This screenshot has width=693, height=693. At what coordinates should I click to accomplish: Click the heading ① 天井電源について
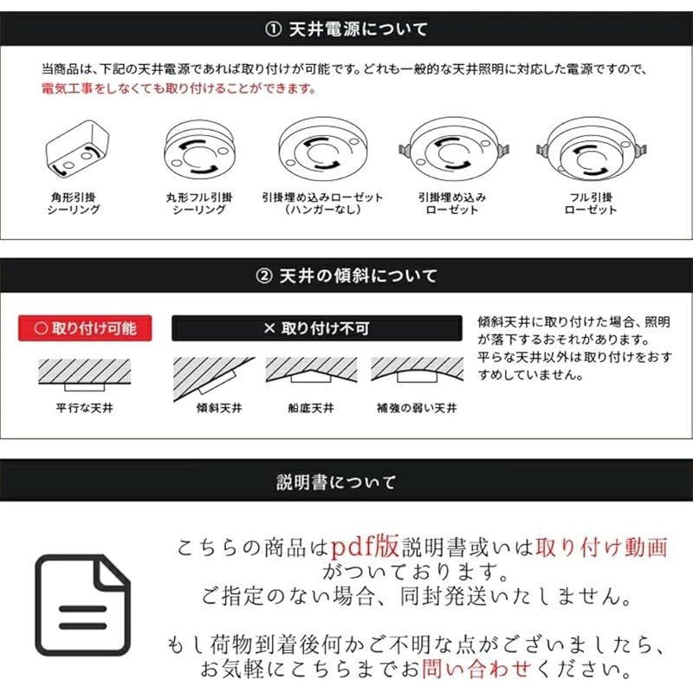click(x=346, y=29)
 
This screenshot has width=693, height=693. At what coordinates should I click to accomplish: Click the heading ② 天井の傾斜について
click(x=346, y=275)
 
